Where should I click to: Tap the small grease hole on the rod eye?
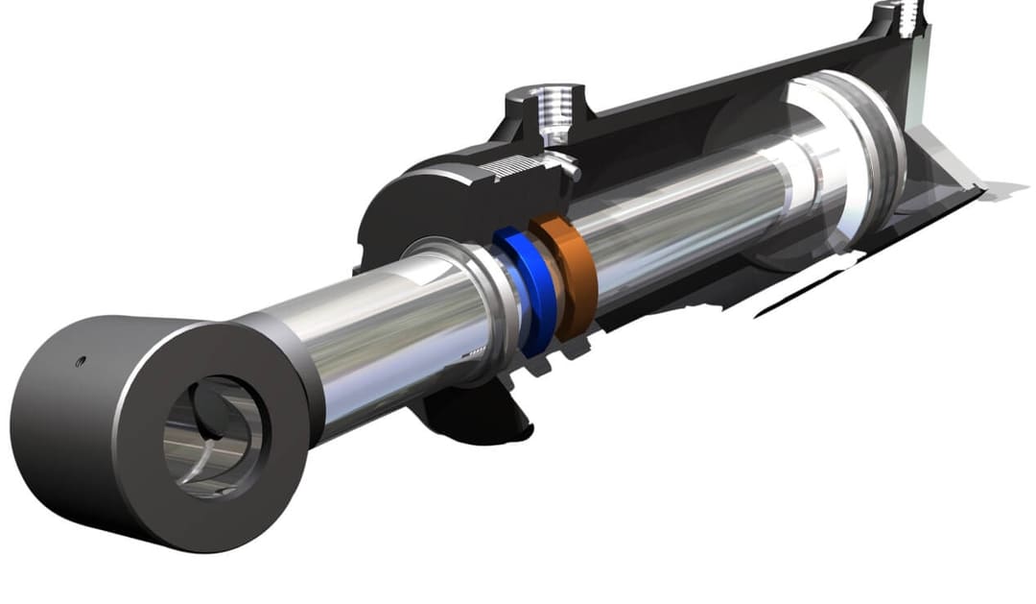pos(80,361)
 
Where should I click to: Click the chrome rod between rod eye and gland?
pos(384,336)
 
